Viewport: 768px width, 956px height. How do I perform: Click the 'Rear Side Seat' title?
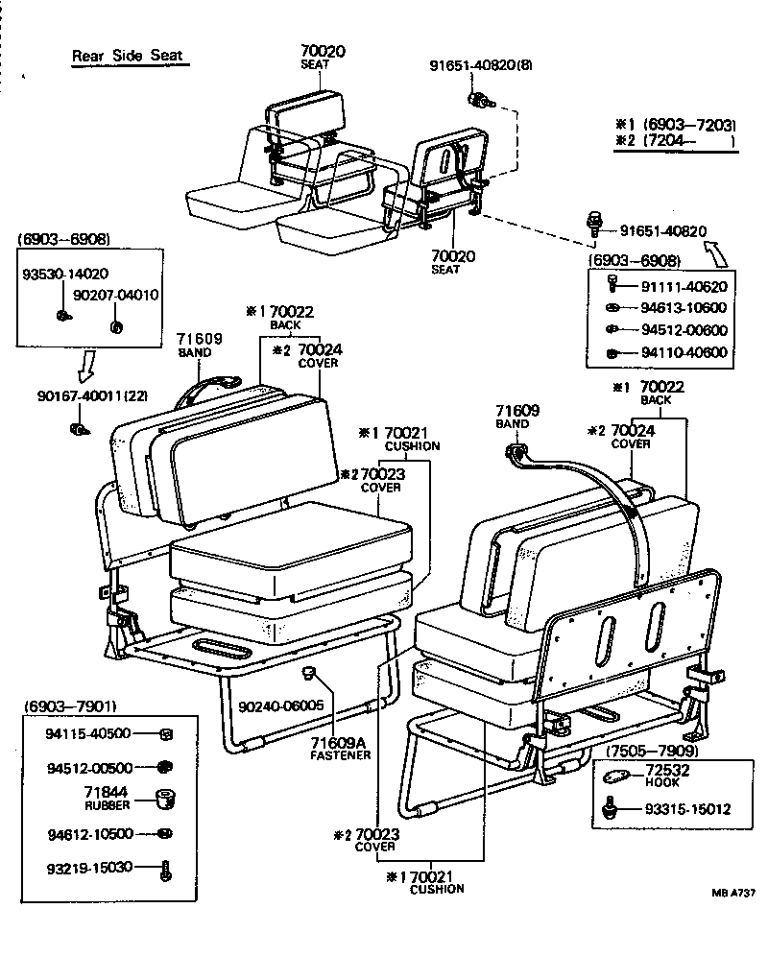126,56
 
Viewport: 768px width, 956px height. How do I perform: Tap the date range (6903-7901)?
68,706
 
